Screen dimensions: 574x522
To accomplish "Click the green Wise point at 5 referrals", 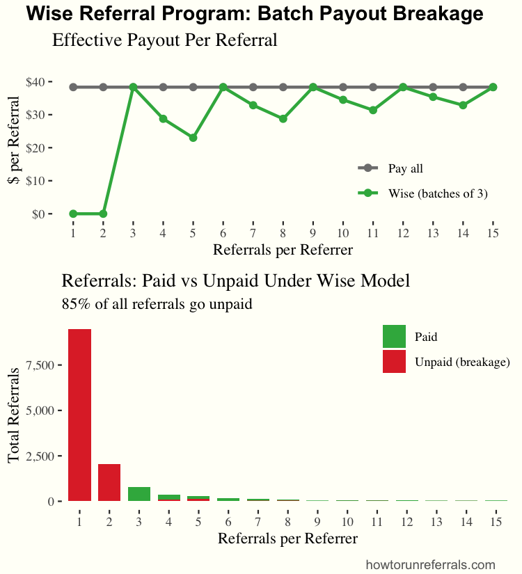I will coord(193,138).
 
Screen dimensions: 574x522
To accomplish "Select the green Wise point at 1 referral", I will coord(73,214).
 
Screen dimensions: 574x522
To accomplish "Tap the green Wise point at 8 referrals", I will coord(283,119).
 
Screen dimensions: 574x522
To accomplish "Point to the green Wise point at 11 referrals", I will coord(373,110).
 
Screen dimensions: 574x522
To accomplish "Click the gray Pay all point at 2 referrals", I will coord(103,87).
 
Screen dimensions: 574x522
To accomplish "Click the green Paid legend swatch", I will coord(394,337).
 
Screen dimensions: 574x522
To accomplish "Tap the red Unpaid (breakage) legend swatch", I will coord(394,362).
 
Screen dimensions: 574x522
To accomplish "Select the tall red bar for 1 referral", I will coord(79,415).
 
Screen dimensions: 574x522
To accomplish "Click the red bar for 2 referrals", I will coord(109,482).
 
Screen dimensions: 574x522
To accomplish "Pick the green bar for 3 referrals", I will coord(139,494).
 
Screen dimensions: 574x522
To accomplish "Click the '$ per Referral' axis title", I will coord(13,148).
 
